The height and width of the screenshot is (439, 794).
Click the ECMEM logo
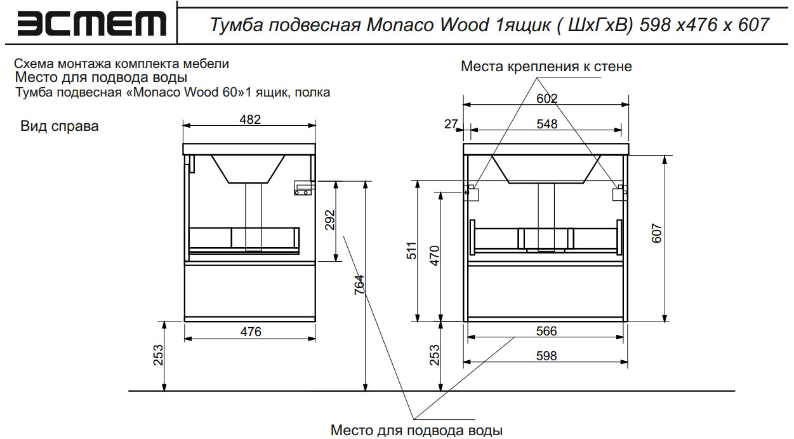click(x=93, y=24)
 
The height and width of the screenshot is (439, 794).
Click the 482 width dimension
click(x=249, y=119)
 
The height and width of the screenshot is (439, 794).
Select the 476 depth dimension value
click(x=249, y=331)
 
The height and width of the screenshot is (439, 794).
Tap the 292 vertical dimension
click(x=329, y=220)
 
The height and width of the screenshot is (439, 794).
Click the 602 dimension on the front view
click(x=546, y=98)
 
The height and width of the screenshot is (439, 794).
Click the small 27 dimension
click(x=451, y=124)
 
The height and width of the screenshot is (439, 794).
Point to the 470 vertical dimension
click(x=435, y=255)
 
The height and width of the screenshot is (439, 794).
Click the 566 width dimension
click(x=546, y=331)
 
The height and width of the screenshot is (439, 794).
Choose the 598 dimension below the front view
click(x=546, y=356)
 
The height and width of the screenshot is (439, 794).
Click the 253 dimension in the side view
click(x=158, y=355)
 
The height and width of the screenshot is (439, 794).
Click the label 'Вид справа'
click(x=60, y=126)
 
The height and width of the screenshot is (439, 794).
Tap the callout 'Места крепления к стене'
click(x=546, y=66)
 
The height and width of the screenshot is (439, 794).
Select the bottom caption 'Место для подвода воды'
click(x=416, y=431)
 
